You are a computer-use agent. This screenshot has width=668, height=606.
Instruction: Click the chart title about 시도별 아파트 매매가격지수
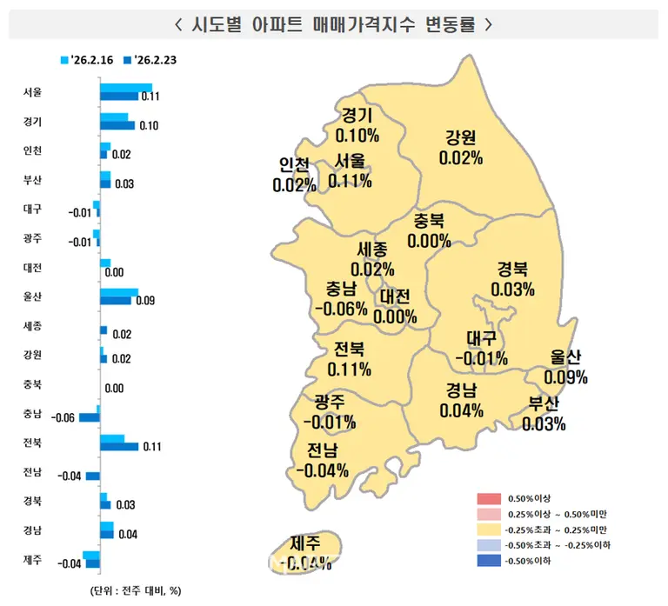tap(334, 23)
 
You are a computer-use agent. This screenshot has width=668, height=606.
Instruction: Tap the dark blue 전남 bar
tap(93, 476)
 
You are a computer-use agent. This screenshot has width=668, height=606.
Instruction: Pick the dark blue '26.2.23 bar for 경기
tap(117, 125)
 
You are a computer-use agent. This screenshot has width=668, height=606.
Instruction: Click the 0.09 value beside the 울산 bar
tap(145, 301)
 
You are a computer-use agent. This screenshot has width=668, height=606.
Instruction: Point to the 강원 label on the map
tap(460, 138)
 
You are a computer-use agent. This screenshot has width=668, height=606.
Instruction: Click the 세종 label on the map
tap(372, 250)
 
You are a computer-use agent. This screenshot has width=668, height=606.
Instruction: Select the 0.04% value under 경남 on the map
tap(461, 411)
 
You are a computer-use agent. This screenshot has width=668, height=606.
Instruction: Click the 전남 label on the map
tap(323, 450)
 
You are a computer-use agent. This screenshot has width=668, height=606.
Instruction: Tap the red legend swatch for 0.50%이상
tap(489, 499)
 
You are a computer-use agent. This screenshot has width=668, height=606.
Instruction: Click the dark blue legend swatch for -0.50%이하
tap(489, 560)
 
